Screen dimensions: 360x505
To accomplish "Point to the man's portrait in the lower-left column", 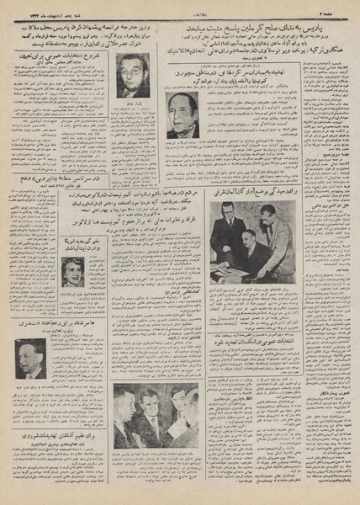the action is pos(30,359).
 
